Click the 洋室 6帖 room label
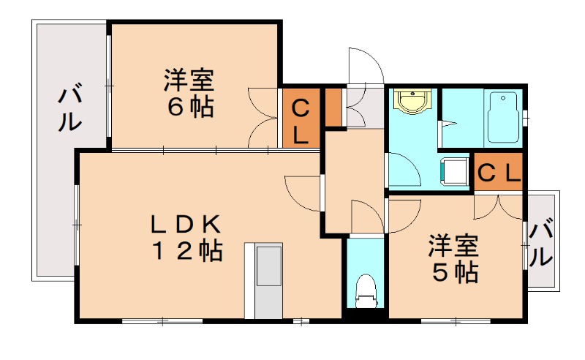(189, 93)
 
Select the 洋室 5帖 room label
(454, 258)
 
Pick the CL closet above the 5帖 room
(499, 173)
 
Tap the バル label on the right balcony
(542, 244)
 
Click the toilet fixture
(363, 293)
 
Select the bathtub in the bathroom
(502, 118)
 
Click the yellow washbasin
(411, 101)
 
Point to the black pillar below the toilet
(363, 315)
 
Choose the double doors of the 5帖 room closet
(499, 206)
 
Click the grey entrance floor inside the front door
(363, 107)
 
